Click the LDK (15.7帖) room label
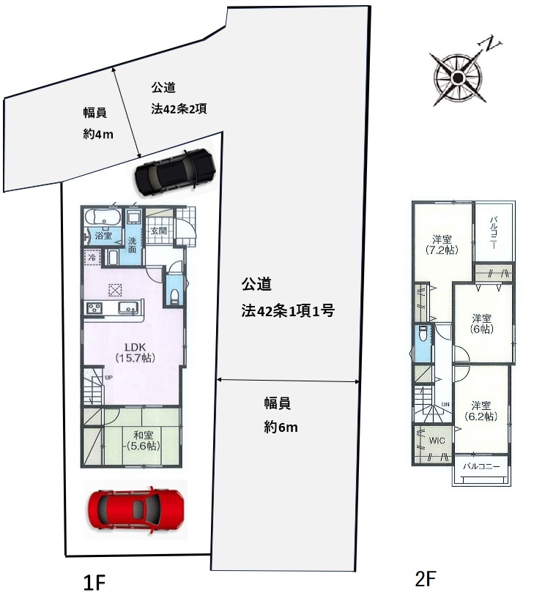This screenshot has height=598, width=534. (135, 352)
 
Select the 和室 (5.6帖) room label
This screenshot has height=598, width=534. (142, 440)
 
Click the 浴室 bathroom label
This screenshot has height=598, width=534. (103, 235)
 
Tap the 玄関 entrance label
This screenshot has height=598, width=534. (158, 231)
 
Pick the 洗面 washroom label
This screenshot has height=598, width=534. (132, 245)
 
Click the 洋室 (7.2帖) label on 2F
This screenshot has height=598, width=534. (442, 245)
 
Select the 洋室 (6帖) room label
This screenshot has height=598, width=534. (482, 323)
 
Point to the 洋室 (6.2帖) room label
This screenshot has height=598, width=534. (481, 411)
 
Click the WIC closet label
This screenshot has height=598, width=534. (437, 441)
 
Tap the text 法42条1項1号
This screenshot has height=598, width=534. (288, 311)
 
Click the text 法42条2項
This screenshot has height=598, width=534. (179, 109)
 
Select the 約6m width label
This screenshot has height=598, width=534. (281, 427)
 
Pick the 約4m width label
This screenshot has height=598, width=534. (98, 134)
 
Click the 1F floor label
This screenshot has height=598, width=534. (94, 583)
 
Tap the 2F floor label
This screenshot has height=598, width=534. (425, 579)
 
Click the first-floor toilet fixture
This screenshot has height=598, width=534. (174, 296)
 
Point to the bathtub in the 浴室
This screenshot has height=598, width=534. (102, 217)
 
